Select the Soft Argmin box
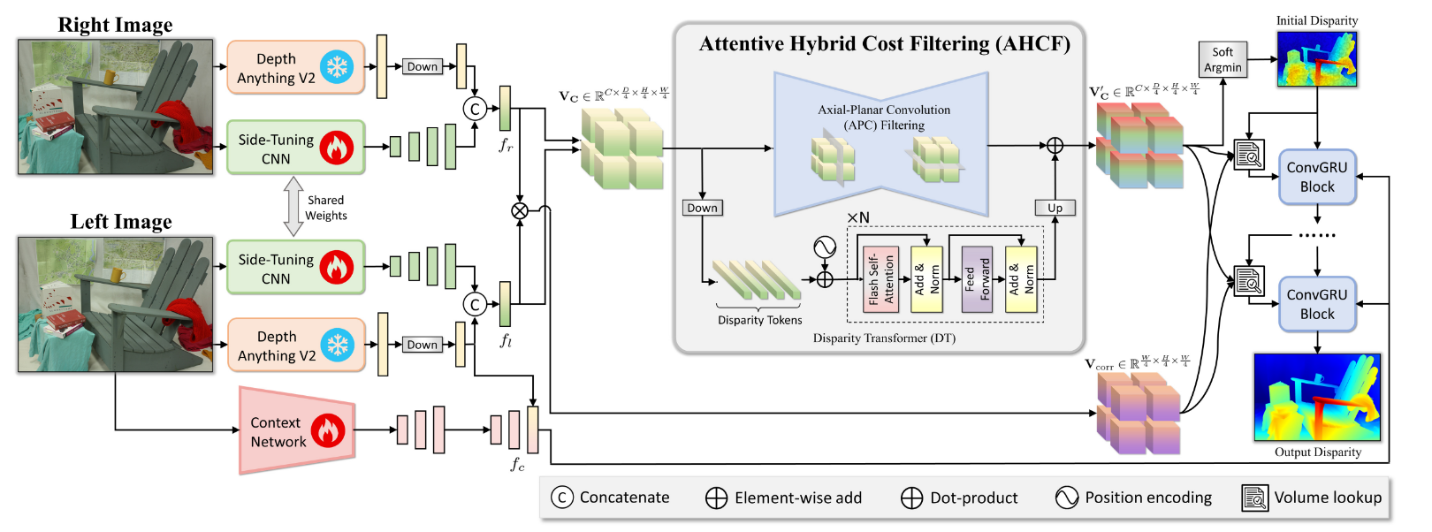(x=1223, y=60)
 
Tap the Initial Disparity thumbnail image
(x=1316, y=58)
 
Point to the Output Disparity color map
(x=1316, y=397)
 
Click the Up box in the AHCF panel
(x=1055, y=208)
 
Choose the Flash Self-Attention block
(x=880, y=279)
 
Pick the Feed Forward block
(x=977, y=279)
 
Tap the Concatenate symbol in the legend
(x=562, y=498)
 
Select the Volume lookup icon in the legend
(x=1253, y=498)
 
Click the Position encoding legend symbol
(x=1067, y=498)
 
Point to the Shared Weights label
(x=326, y=208)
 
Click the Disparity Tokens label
(x=759, y=320)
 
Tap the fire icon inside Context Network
(x=327, y=431)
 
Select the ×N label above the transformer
(x=857, y=217)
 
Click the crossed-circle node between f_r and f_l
(x=520, y=210)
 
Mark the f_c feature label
(x=517, y=464)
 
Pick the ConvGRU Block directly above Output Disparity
(x=1317, y=304)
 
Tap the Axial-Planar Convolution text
(x=884, y=110)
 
